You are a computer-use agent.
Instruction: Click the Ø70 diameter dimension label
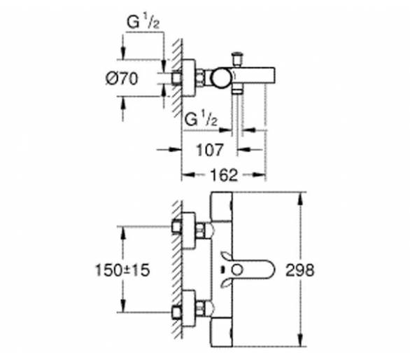tap(122, 78)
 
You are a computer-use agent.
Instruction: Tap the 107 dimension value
tap(210, 150)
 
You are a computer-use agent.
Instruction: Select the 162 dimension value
tap(224, 175)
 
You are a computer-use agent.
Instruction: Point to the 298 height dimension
tap(299, 270)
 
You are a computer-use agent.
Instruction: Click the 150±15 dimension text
tap(122, 270)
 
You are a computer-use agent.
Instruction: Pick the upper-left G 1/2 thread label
tap(143, 22)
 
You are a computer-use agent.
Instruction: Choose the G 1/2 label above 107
tap(201, 120)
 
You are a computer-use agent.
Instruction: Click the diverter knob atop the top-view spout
tap(237, 60)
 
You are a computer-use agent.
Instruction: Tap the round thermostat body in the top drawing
tap(222, 78)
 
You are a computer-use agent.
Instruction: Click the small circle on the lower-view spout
tap(238, 270)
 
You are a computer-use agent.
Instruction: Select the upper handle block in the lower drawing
tap(222, 207)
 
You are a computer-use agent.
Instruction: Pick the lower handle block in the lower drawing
tap(222, 332)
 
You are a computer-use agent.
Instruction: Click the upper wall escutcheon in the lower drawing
tap(188, 230)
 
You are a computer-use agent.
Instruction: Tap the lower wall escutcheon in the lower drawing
tap(188, 308)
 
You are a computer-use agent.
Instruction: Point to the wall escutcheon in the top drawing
tap(188, 78)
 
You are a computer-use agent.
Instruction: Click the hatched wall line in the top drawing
tap(178, 78)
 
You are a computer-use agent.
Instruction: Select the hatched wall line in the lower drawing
tap(178, 270)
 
